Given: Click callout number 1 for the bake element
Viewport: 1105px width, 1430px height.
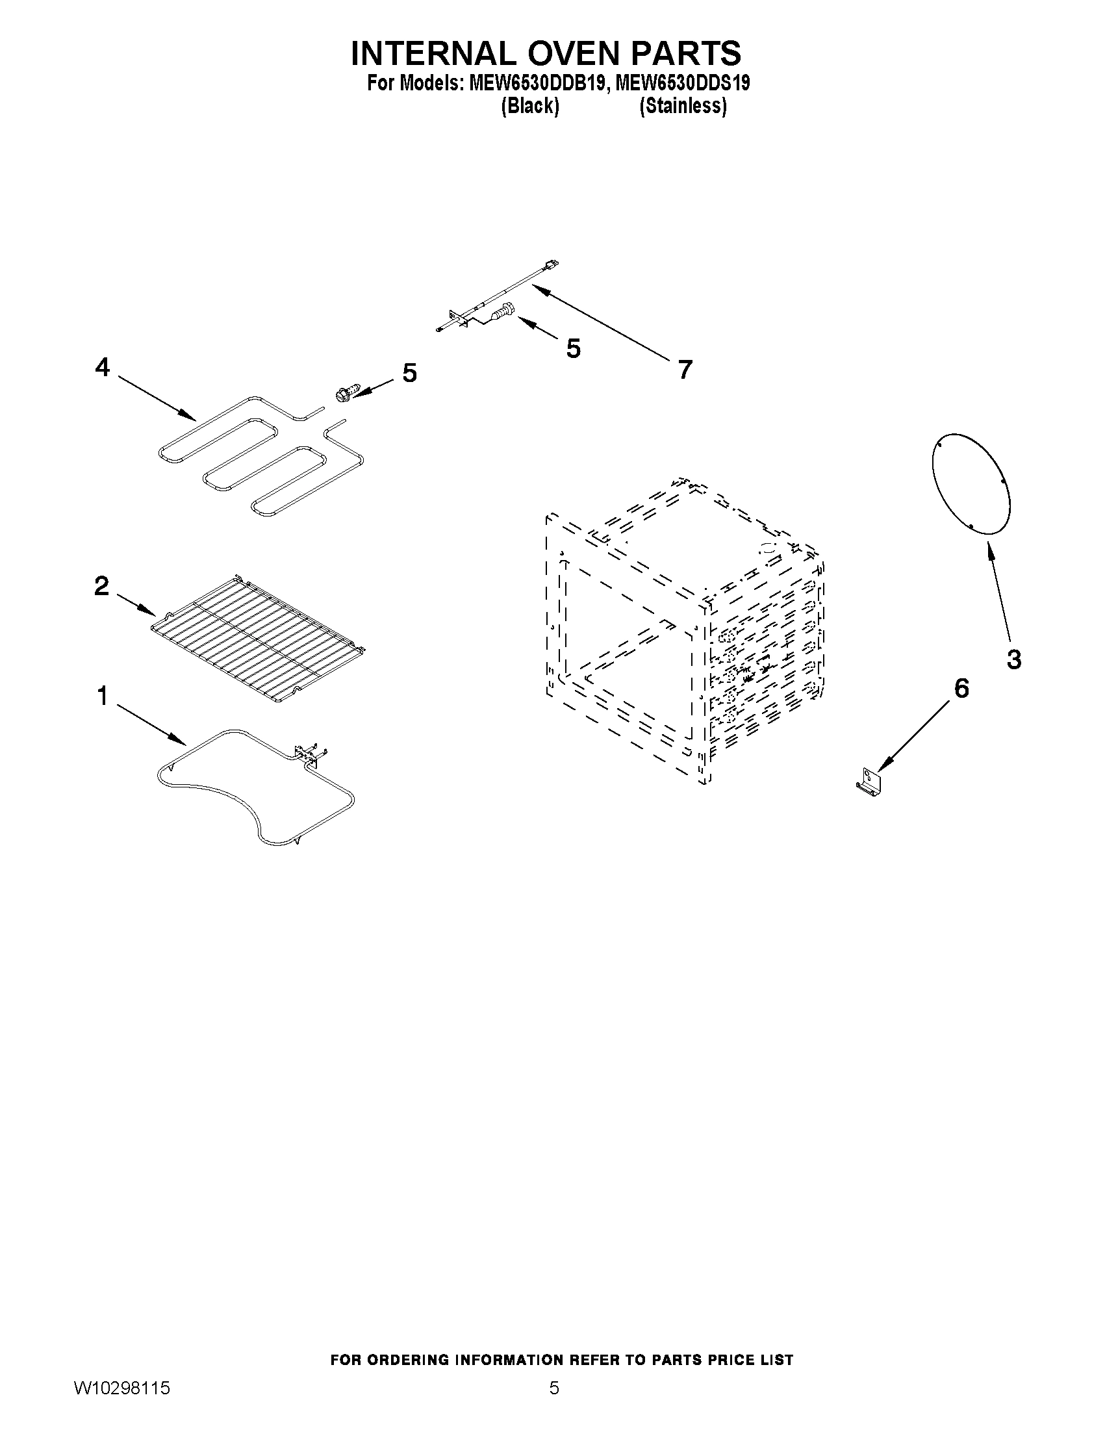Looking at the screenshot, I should pos(102,696).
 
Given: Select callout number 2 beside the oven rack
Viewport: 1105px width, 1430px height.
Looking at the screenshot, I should pos(101,585).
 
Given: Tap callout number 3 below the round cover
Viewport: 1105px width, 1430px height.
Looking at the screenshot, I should pos(1013,659).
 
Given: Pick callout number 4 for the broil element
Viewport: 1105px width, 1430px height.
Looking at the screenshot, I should pos(102,367).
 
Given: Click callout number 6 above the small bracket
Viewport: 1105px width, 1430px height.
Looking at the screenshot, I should pos(961,688).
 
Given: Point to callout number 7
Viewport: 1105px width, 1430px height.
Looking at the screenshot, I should pos(685,370).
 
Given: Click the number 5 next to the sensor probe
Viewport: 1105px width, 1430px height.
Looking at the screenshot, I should pos(573,348).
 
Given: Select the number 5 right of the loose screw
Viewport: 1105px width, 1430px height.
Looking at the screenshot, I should pos(409,373).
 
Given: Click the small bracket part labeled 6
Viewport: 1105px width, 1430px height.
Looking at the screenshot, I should pos(869,782).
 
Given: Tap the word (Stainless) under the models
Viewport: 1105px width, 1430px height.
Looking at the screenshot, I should pos(683,105).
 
